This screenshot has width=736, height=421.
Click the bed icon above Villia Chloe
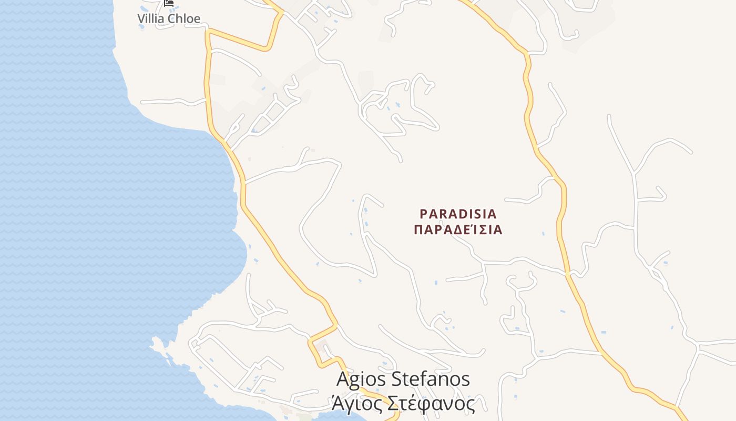[x=168, y=3]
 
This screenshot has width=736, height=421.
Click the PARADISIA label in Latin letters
[x=458, y=214]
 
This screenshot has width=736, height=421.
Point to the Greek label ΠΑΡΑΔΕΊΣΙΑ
[x=458, y=230]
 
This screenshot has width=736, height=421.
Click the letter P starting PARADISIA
[x=424, y=214]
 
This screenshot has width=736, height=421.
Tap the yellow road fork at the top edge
[x=278, y=10]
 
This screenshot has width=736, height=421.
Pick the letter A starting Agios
[x=343, y=379]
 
